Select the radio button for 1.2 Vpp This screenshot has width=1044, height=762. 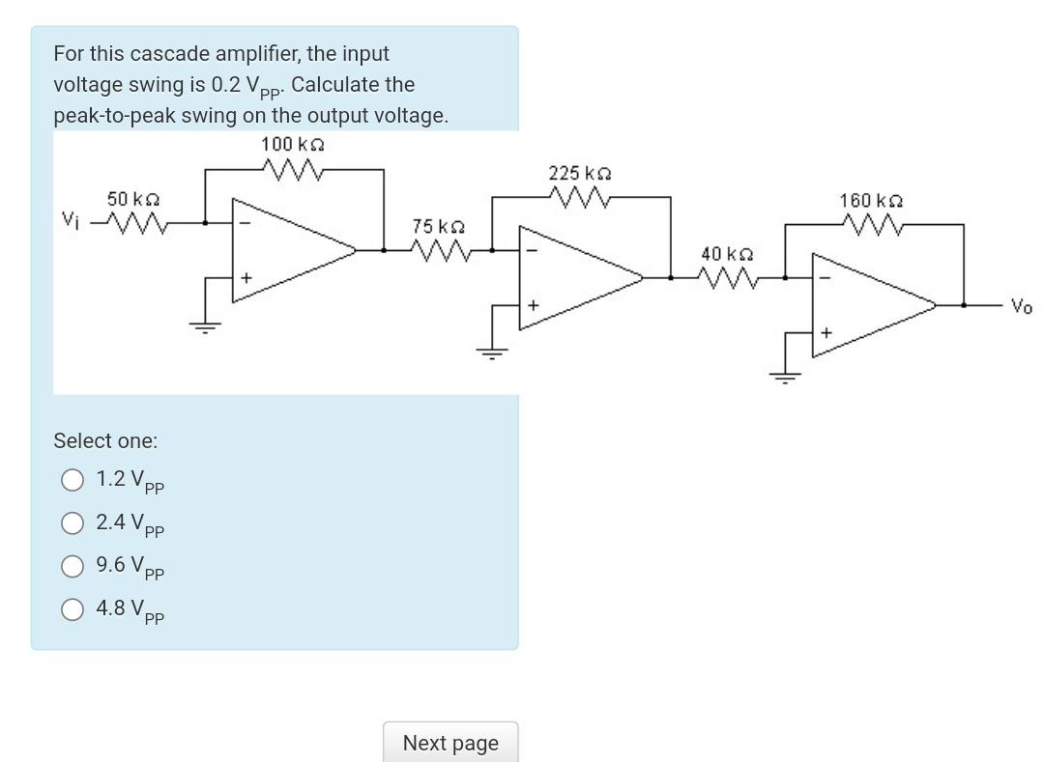tap(72, 480)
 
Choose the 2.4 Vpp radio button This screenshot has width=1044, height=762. tap(72, 523)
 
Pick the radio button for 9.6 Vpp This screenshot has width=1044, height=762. tap(72, 566)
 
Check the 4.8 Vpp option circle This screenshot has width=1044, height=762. tap(72, 609)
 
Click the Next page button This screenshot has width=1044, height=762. tap(450, 743)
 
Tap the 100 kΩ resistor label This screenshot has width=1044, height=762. tap(292, 144)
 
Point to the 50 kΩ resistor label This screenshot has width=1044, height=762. tap(133, 199)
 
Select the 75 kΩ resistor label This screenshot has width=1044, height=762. tap(439, 226)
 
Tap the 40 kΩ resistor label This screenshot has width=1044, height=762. tap(727, 254)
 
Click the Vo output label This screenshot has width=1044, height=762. tap(1021, 307)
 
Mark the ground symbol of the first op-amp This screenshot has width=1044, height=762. tap(205, 325)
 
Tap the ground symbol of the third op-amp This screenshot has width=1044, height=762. tap(785, 378)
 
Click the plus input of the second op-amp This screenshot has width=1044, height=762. tap(533, 305)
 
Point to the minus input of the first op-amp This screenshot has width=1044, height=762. tap(246, 222)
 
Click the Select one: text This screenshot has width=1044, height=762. tap(105, 440)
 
